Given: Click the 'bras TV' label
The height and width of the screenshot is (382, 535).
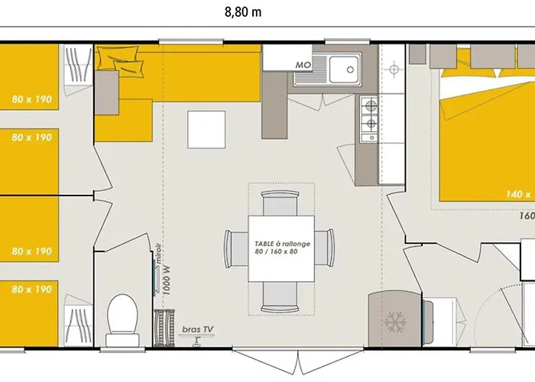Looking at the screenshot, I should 198,330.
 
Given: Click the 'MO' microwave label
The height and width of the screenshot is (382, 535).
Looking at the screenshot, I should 303,65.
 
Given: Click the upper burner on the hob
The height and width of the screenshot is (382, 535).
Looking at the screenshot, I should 371,106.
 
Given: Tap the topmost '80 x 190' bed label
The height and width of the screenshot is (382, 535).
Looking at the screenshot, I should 31,99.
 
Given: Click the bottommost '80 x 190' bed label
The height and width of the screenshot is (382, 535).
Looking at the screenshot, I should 31,289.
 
